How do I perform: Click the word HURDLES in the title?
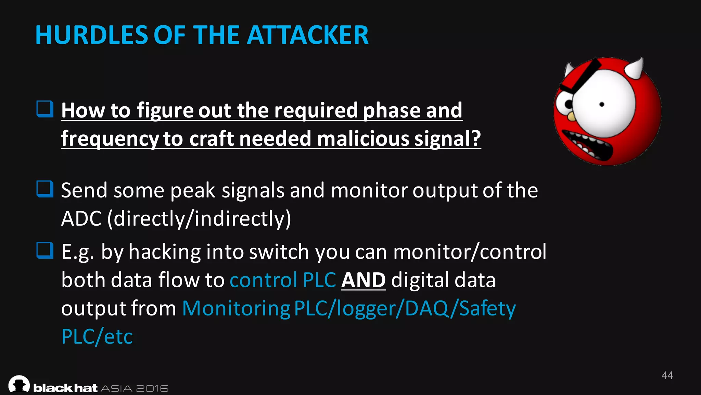tap(91, 35)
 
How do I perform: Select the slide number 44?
tap(667, 375)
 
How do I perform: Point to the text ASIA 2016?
tap(135, 388)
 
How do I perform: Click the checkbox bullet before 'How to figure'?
tap(45, 109)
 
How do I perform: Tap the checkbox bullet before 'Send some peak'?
tap(45, 189)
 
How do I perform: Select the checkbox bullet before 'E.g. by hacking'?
tap(45, 250)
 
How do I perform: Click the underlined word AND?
tap(363, 280)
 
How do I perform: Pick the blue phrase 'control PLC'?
tap(283, 280)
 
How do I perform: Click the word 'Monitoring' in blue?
tap(236, 308)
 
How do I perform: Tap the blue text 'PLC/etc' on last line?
tap(97, 337)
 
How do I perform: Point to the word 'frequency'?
tap(110, 139)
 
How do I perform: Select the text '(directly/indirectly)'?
tap(199, 218)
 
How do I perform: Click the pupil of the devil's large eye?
tap(602, 105)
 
